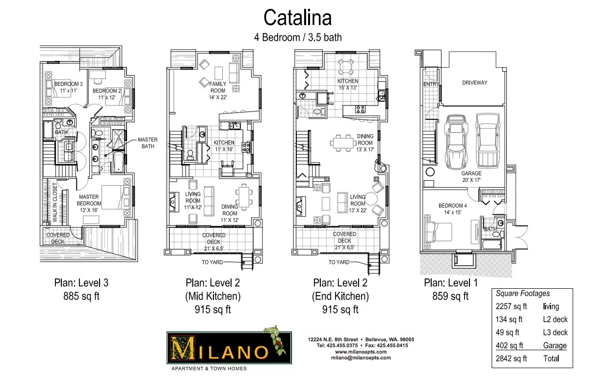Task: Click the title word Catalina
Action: (x=297, y=17)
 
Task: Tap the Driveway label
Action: (x=474, y=83)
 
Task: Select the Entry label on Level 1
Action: (x=430, y=84)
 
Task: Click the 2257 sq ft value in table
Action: (x=511, y=307)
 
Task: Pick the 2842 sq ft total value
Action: (x=511, y=358)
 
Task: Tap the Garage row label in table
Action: (x=554, y=346)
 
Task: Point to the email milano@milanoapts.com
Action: (x=361, y=358)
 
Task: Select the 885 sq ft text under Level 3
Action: (x=81, y=296)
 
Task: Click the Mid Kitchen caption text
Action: (x=213, y=296)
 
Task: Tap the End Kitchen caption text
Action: (x=340, y=296)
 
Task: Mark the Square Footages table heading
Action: (x=522, y=294)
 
